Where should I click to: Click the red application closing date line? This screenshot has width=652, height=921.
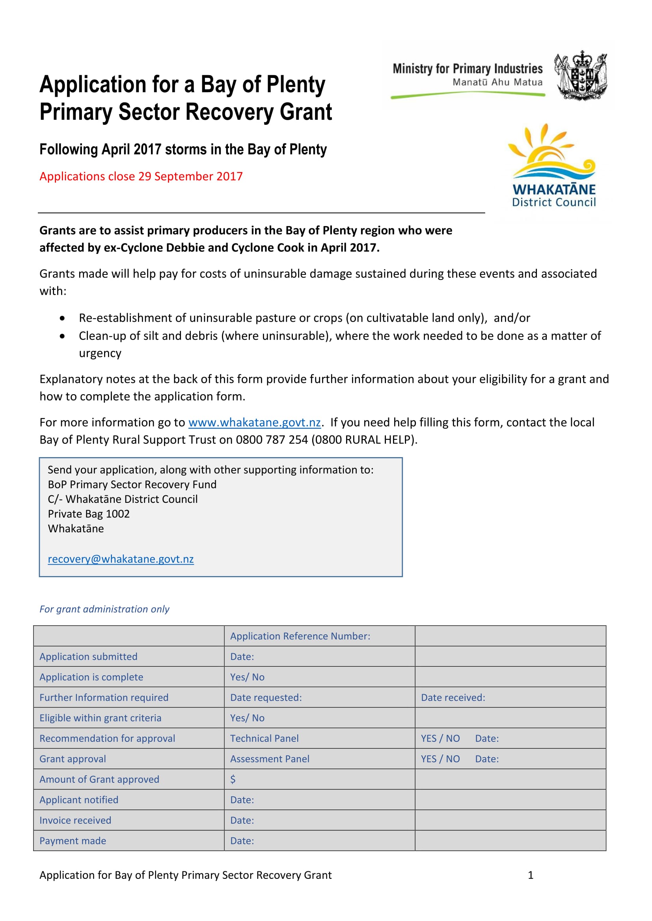point(141,176)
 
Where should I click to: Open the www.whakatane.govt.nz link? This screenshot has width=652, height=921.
point(254,423)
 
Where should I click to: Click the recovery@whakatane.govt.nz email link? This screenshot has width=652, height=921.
point(121,559)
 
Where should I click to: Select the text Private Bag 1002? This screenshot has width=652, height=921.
point(89,514)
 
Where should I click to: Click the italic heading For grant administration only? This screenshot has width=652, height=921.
point(104,609)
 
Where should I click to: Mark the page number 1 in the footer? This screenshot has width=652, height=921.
point(530,875)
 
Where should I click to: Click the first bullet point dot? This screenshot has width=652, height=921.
point(62,318)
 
